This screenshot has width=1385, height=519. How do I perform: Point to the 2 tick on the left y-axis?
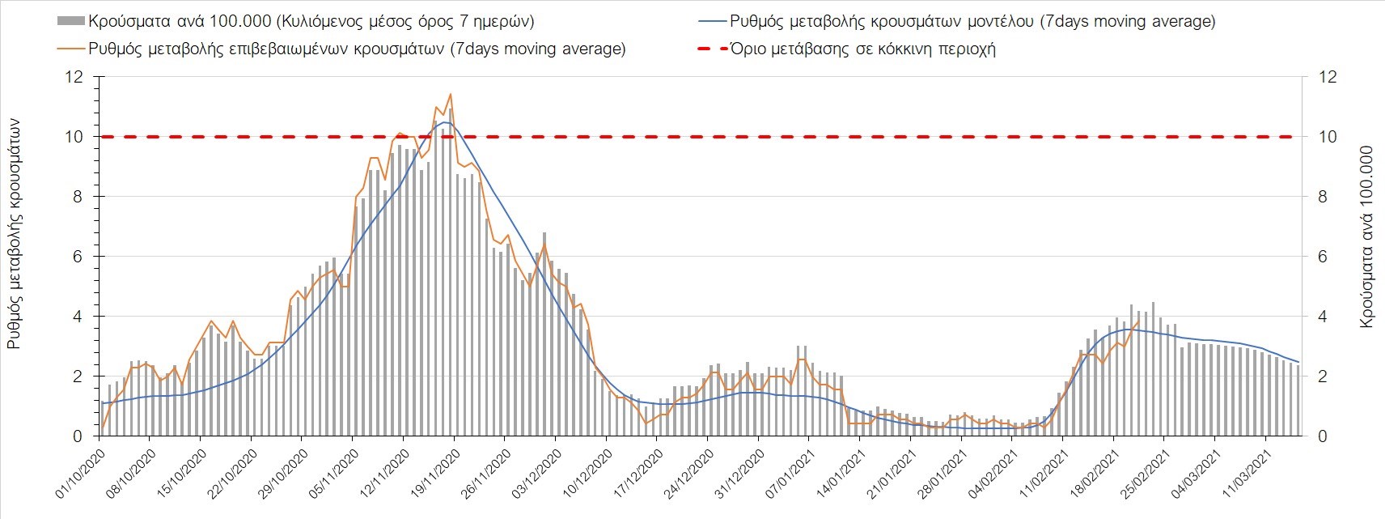click(78, 376)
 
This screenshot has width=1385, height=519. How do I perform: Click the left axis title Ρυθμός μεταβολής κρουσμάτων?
click(14, 233)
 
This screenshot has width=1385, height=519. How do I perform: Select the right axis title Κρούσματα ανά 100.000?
click(1367, 236)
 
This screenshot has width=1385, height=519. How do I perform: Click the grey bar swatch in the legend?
click(71, 21)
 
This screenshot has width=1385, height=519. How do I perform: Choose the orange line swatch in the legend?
click(71, 49)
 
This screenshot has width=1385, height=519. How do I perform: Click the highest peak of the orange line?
click(450, 94)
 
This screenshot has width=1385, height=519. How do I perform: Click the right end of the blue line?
click(1298, 362)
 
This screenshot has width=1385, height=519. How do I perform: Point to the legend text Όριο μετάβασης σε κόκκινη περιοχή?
click(862, 49)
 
